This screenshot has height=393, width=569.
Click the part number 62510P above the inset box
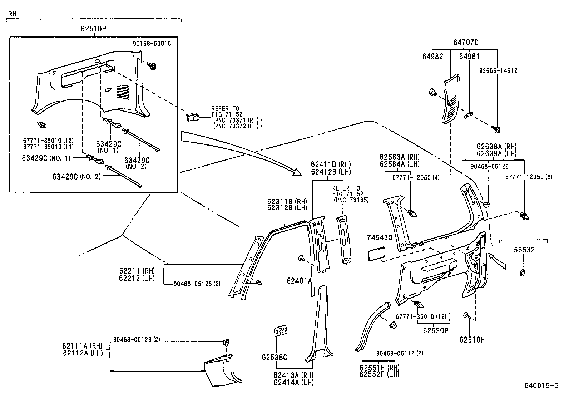pos(94,29)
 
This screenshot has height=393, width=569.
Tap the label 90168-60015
pos(152,44)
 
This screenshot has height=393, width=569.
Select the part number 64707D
pos(466,42)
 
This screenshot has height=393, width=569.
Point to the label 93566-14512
pos(498,71)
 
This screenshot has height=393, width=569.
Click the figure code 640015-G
pos(541,385)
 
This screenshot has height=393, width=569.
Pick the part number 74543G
pos(380,238)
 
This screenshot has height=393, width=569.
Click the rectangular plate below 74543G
pos(377,254)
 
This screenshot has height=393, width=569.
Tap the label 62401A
pos(299,281)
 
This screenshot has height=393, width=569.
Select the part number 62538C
pos(274,357)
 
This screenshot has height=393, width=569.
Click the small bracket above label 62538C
pos(280,331)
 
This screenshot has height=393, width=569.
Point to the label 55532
pos(524,250)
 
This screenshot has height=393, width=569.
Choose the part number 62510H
pos(472,340)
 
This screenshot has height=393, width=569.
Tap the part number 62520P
pos(436,330)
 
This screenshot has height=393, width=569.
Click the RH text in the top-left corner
pos(12,14)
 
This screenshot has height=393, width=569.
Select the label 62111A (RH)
pos(82,346)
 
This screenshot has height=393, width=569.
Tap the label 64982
pos(432,57)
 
